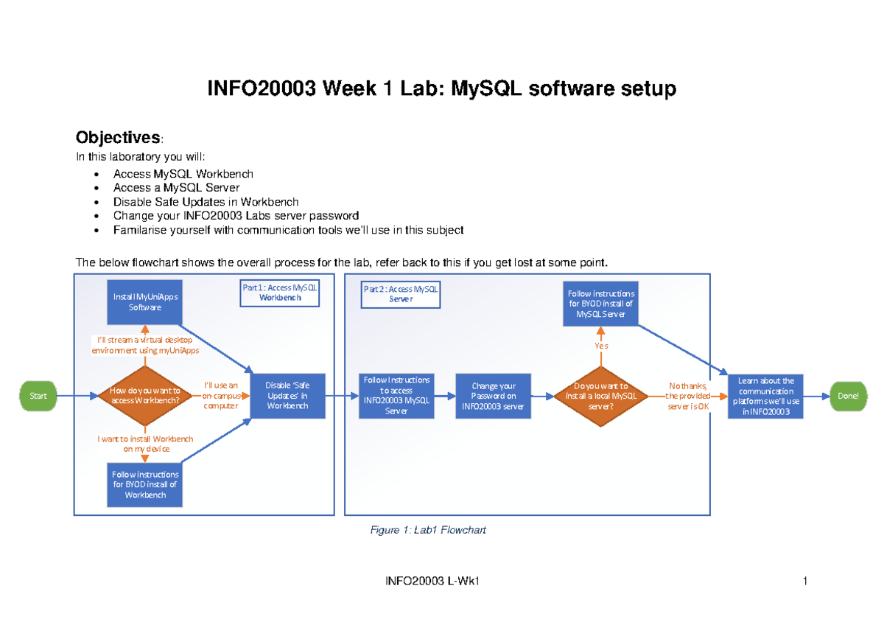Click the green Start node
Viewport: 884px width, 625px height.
click(38, 396)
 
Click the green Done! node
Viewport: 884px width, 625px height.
click(848, 396)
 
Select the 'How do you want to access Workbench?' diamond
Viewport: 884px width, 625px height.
click(144, 396)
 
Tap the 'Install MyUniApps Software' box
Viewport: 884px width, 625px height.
click(145, 301)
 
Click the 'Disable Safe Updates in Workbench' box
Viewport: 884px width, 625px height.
click(287, 396)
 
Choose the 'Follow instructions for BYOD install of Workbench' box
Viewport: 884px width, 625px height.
click(145, 485)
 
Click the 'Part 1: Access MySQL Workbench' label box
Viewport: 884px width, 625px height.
click(280, 293)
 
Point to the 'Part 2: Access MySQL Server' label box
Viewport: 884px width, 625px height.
click(401, 294)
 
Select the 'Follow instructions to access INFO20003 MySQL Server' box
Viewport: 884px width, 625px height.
click(396, 396)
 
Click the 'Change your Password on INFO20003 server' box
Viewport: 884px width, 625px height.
click(494, 396)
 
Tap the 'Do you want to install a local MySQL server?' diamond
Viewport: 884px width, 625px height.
click(600, 396)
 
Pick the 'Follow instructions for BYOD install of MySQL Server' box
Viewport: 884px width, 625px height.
click(600, 303)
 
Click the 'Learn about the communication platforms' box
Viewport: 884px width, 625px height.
click(766, 397)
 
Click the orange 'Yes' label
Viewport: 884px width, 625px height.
click(601, 346)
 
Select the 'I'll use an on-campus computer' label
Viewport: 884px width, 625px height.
click(221, 395)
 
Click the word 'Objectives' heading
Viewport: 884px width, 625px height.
click(118, 138)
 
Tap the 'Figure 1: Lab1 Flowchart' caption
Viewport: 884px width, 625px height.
click(428, 530)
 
